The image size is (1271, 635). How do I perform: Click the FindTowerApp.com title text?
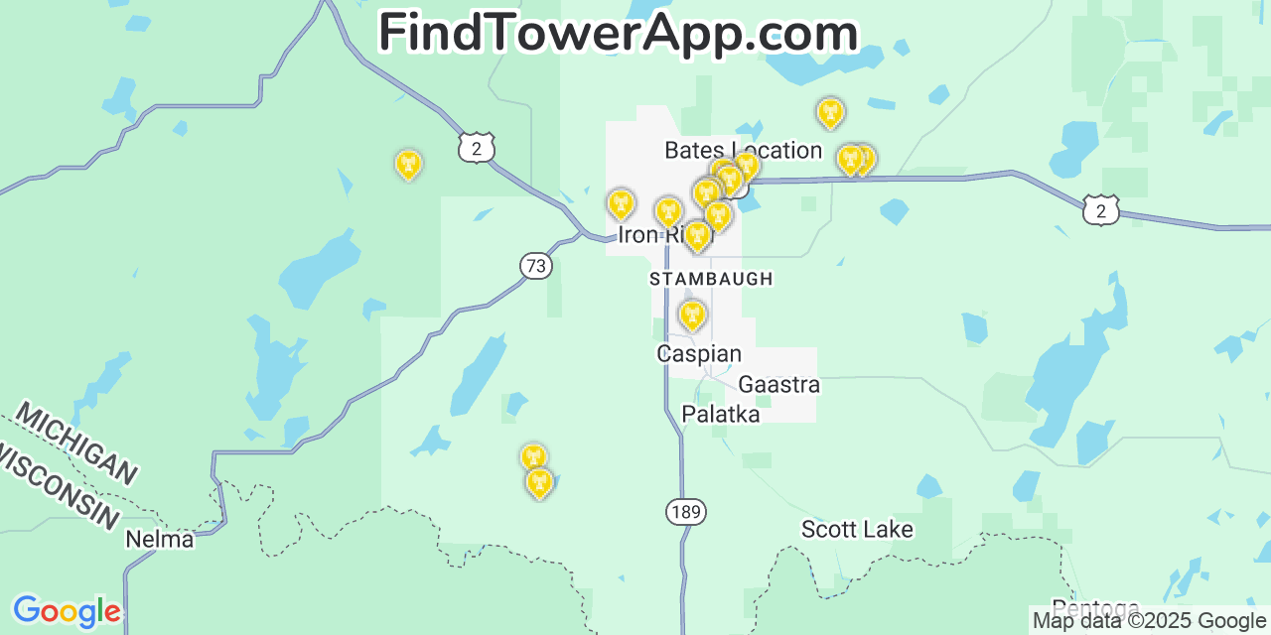[x=618, y=33]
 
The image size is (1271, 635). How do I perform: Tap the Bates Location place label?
[x=743, y=151]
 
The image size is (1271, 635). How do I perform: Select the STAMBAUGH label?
[x=711, y=280]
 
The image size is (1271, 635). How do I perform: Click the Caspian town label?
[x=699, y=354]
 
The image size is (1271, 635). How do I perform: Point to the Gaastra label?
[x=778, y=384]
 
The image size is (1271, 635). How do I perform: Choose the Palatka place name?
[x=721, y=414]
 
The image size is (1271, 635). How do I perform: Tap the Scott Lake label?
[x=857, y=529]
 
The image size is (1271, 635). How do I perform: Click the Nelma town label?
[x=159, y=540]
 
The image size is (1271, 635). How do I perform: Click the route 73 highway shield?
[x=536, y=265]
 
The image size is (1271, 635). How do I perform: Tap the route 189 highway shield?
[x=685, y=512]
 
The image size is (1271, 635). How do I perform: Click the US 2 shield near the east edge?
[x=1101, y=209]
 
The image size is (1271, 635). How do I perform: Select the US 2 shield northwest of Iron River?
[x=477, y=148]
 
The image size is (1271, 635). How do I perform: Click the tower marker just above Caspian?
[x=692, y=316]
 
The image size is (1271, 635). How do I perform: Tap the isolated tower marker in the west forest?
[x=408, y=164]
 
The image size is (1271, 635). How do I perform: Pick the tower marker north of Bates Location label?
[x=830, y=112]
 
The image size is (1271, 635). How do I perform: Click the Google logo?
[x=67, y=611]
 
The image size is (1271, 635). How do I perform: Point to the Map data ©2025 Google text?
[x=1149, y=621]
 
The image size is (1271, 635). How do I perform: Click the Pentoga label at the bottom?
[x=1095, y=607]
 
